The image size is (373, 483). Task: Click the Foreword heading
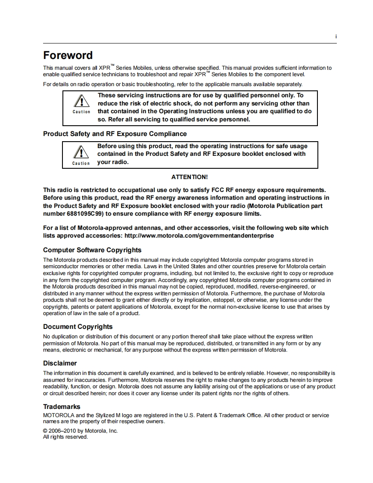(68, 56)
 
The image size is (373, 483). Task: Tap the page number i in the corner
(336, 37)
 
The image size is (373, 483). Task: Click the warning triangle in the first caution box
(81, 102)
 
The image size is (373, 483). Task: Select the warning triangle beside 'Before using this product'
(81, 153)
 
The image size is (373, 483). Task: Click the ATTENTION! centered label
(190, 177)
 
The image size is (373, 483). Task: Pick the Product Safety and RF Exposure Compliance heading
(115, 134)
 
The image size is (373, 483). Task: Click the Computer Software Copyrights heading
(92, 250)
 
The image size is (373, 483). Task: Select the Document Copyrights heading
(78, 327)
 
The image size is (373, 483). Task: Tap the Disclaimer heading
(60, 363)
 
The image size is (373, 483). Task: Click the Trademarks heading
(62, 407)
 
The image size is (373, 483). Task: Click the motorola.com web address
(199, 236)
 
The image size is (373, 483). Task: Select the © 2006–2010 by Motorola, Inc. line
(80, 431)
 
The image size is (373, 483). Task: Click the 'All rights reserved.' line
(65, 437)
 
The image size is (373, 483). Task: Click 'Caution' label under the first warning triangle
(81, 112)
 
